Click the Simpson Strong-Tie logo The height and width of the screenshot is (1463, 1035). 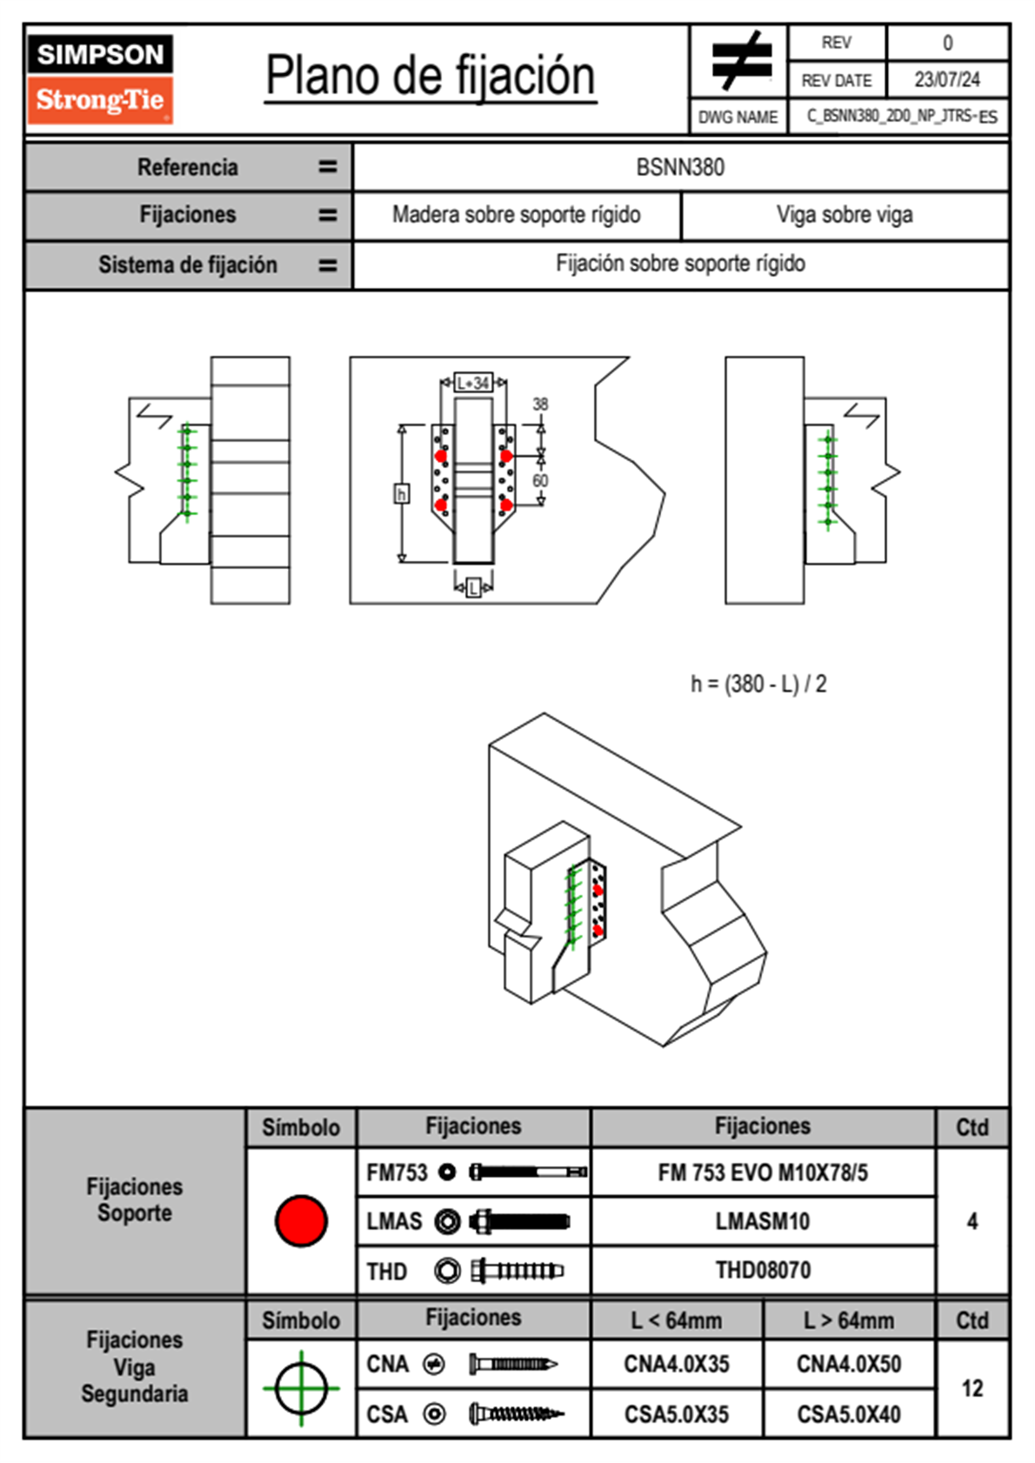click(x=99, y=78)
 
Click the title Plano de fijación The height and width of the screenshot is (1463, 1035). click(x=430, y=77)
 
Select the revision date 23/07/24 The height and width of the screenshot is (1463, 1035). click(x=946, y=80)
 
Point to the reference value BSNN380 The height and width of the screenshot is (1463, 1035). click(x=680, y=167)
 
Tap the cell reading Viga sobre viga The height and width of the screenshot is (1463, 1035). click(x=845, y=215)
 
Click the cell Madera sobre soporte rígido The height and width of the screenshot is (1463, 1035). click(x=516, y=215)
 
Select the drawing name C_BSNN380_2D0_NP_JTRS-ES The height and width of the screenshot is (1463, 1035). click(x=901, y=117)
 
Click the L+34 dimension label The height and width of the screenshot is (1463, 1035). click(x=473, y=383)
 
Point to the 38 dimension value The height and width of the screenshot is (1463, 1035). click(x=540, y=404)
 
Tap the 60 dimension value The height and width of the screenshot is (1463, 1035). click(x=540, y=480)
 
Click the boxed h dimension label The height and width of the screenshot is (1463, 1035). click(x=401, y=494)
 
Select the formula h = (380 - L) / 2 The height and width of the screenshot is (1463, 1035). click(x=758, y=685)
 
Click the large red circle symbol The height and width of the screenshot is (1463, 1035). click(x=301, y=1220)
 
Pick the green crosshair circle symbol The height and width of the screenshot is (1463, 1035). click(x=301, y=1388)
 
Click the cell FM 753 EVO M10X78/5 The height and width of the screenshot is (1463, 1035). click(x=763, y=1173)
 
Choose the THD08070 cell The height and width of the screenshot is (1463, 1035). click(x=763, y=1271)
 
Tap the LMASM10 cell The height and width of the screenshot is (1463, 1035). click(x=763, y=1222)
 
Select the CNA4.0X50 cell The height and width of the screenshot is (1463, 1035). click(x=849, y=1365)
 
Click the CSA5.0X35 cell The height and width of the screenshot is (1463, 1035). click(x=677, y=1414)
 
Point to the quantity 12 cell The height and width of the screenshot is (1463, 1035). click(x=972, y=1388)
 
